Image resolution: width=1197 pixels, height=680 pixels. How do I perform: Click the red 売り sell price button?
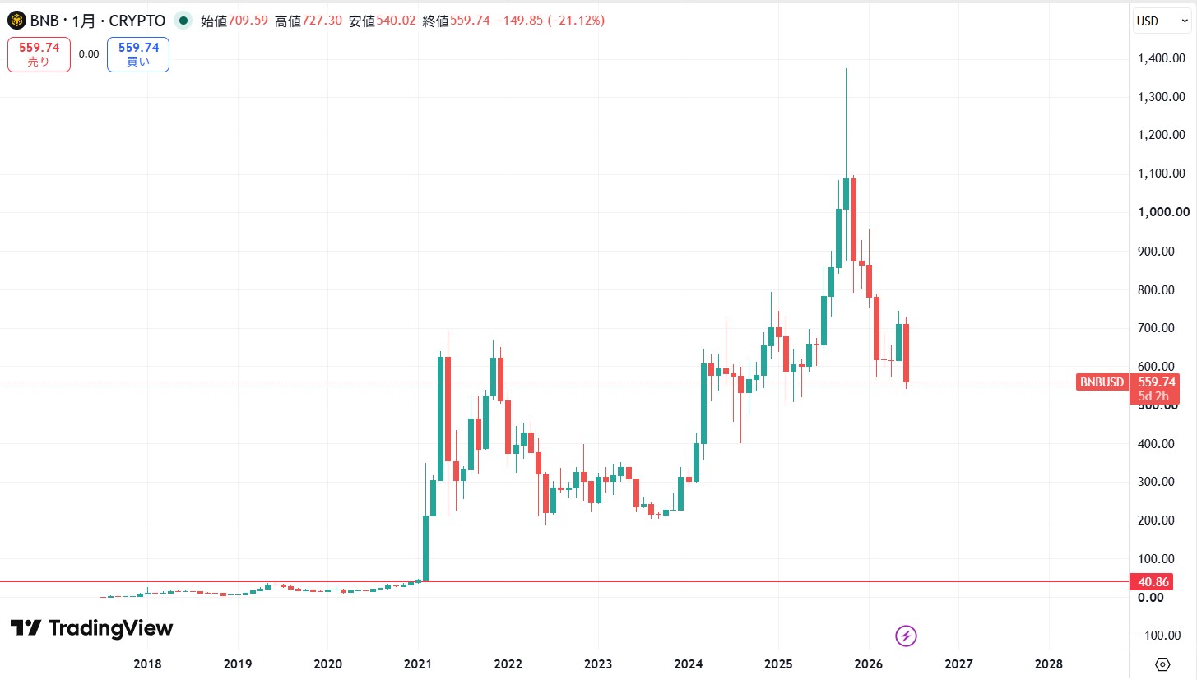pos(39,54)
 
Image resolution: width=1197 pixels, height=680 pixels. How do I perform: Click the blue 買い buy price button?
pos(138,54)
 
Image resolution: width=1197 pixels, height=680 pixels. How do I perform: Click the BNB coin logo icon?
pos(16,21)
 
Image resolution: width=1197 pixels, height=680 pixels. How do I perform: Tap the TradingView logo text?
pos(110,628)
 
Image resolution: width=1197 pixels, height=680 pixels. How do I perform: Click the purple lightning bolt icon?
pos(906,636)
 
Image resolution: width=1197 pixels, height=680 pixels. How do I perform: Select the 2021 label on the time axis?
pos(417,664)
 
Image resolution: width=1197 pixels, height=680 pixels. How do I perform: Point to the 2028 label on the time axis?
pos(1048,664)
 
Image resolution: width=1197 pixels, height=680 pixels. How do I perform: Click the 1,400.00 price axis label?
pos(1161,58)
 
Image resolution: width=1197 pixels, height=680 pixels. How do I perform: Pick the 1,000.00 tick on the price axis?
pos(1163,212)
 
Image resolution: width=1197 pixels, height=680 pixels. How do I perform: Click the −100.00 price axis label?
pos(1159,635)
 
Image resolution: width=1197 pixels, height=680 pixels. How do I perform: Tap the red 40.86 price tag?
pos(1151,581)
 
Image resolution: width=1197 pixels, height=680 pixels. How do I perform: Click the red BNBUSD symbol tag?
pos(1102,382)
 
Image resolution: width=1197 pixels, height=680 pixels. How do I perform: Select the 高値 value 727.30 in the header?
pos(322,21)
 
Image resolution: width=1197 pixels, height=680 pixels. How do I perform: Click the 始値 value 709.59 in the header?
pos(248,21)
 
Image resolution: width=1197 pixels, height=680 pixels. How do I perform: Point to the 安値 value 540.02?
pos(396,21)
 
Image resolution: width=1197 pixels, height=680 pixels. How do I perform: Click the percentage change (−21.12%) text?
pos(576,21)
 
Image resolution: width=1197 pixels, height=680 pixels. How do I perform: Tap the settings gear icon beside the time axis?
pos(1162,664)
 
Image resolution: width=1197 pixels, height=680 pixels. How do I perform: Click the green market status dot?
pos(183,21)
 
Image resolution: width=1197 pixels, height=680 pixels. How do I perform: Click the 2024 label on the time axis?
pos(689,664)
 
